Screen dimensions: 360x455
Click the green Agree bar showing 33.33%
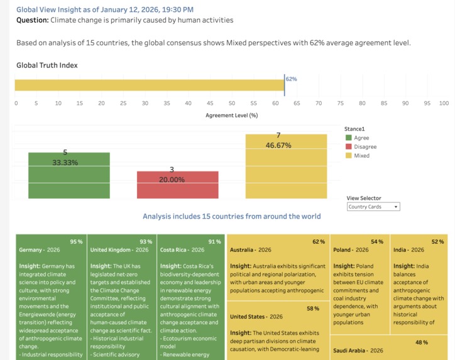click(x=69, y=176)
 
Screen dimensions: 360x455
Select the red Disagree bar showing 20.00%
click(x=178, y=185)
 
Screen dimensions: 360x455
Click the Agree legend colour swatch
click(x=348, y=138)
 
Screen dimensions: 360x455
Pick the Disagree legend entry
click(x=365, y=146)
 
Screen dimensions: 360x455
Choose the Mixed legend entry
click(x=361, y=155)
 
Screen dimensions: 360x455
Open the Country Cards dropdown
click(x=373, y=207)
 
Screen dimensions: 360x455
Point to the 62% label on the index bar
click(x=291, y=79)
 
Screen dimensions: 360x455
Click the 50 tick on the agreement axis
click(x=232, y=103)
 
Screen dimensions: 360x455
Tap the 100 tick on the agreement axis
click(x=444, y=103)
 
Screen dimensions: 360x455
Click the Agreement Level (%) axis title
click(x=231, y=116)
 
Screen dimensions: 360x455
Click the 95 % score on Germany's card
click(x=76, y=241)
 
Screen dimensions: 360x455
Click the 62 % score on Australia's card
click(x=319, y=241)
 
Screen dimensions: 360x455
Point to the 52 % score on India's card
click(x=437, y=241)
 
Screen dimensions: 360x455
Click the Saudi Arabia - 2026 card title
click(x=359, y=351)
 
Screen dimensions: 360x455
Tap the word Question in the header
click(x=31, y=20)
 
